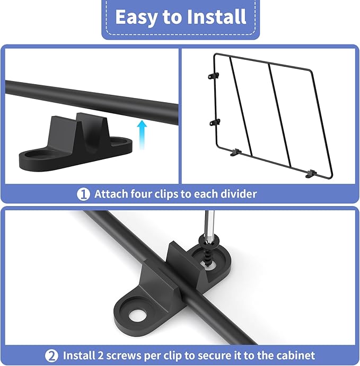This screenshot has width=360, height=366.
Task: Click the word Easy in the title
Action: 136,17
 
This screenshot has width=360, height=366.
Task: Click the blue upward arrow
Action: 142,134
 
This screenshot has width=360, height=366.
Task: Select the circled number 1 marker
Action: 83,194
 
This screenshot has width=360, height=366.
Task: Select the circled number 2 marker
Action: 51,356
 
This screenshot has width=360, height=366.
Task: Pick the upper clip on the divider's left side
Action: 214,76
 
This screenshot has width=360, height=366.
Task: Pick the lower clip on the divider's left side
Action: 214,122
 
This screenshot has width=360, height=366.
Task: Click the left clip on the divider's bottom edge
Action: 236,153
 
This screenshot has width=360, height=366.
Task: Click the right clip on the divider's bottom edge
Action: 311,174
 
